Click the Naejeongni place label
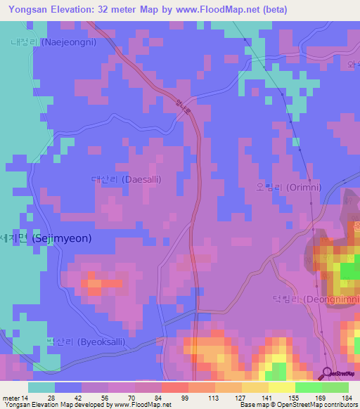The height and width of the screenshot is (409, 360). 63,41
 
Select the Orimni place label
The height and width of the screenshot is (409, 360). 289,188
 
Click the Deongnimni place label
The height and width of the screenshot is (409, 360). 316,299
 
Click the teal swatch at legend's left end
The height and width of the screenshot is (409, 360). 41,387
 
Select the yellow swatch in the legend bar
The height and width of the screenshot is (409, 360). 281,387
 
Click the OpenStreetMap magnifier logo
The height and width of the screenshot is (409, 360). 327,372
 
